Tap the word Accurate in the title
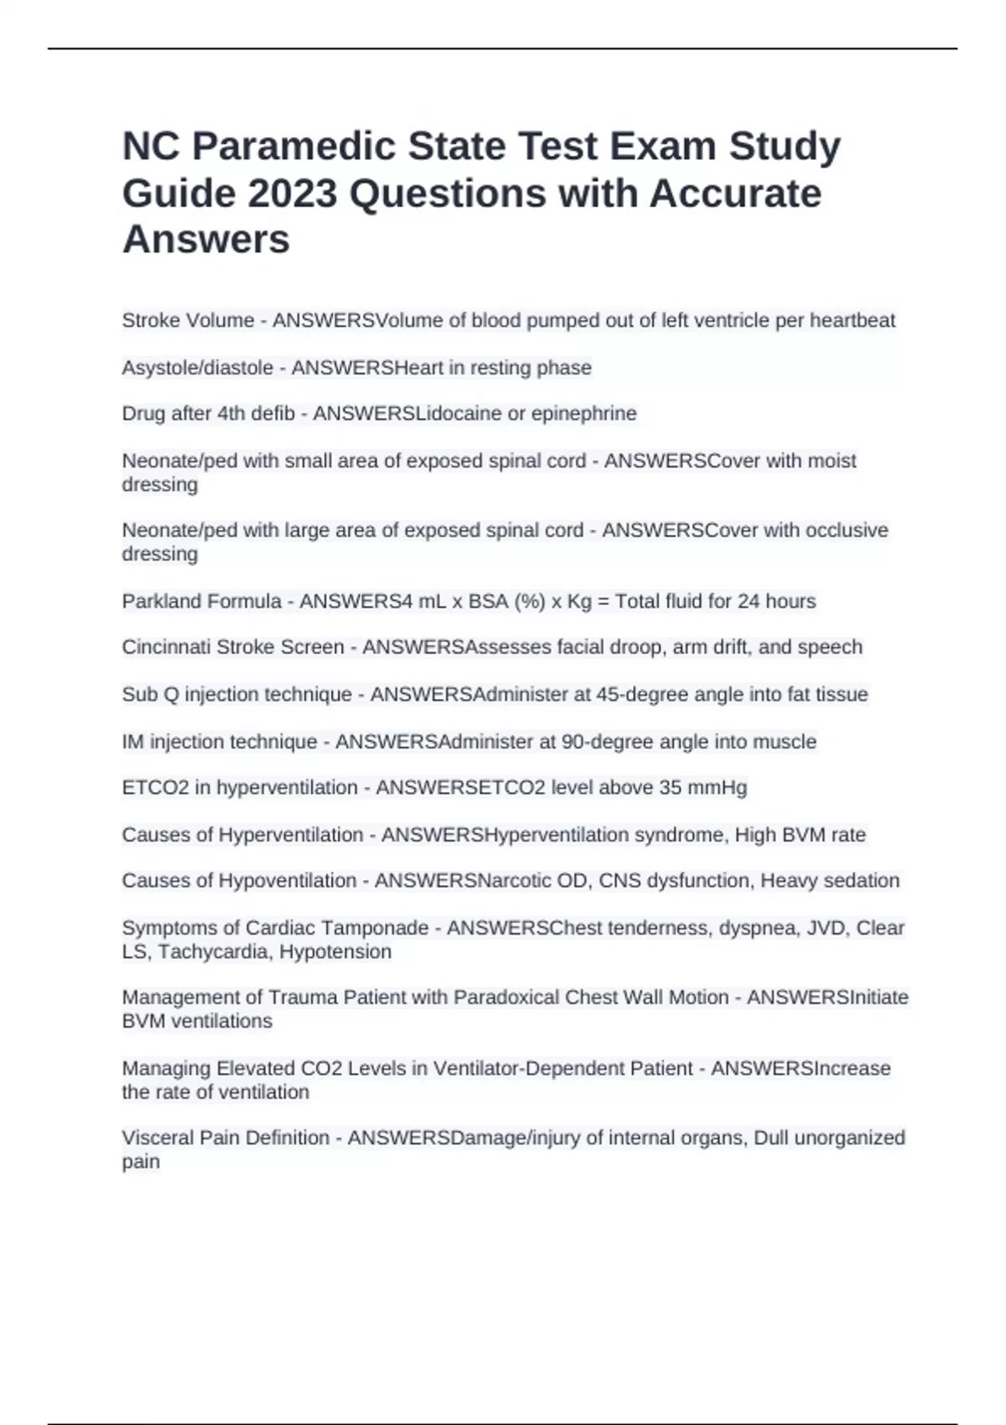pyautogui.click(x=735, y=194)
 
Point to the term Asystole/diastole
pyautogui.click(x=198, y=368)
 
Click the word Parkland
pyautogui.click(x=158, y=602)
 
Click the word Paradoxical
pyautogui.click(x=506, y=997)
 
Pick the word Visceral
pyautogui.click(x=157, y=1138)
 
